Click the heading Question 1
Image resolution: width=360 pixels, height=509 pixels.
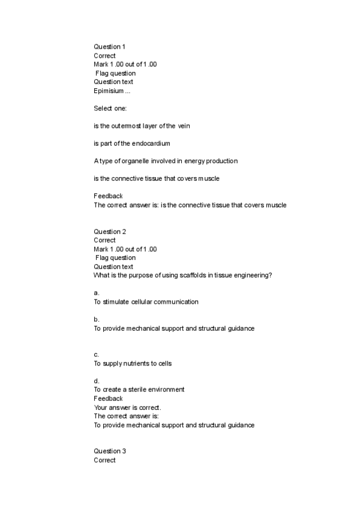pos(110,47)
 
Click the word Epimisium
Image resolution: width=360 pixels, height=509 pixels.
pos(109,91)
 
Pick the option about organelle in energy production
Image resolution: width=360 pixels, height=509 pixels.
pos(166,161)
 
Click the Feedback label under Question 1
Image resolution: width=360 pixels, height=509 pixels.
pos(108,196)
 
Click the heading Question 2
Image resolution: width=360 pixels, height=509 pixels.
pos(110,232)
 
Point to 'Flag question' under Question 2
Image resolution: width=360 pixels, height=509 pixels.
pos(116,258)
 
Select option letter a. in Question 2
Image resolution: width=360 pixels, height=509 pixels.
pos(97,294)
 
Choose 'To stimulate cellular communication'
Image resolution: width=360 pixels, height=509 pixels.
pos(146,302)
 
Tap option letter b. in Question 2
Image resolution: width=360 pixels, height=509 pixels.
pos(97,320)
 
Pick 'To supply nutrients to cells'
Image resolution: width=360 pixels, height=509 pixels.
pos(133,364)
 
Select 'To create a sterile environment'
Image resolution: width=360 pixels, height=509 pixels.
pos(139,390)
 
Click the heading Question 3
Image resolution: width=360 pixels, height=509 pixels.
pos(110,451)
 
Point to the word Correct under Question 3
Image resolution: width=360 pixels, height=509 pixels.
pos(104,460)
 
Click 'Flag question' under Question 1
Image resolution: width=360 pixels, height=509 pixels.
pos(116,73)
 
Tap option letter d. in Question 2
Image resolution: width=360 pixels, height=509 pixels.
pos(97,381)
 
